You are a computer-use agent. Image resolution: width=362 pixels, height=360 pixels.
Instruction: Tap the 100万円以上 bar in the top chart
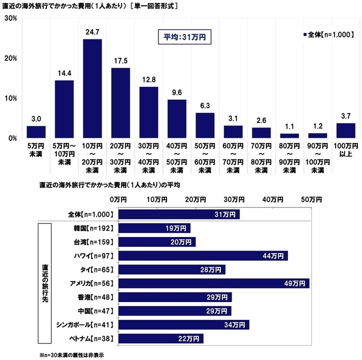345,131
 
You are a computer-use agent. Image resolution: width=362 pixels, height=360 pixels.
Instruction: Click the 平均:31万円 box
185,37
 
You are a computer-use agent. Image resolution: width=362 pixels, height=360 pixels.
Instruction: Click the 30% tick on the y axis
11,19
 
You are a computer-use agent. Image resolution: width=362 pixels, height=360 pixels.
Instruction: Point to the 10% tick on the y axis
11,99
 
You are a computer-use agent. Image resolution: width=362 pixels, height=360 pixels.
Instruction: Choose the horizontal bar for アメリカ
214,284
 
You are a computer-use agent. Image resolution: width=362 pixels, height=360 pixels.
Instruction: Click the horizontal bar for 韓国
154,228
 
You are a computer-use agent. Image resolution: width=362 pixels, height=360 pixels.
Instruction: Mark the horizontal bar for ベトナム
161,339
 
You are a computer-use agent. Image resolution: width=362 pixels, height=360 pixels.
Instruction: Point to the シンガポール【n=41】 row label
84,325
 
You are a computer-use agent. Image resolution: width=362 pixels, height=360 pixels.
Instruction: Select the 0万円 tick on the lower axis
118,199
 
